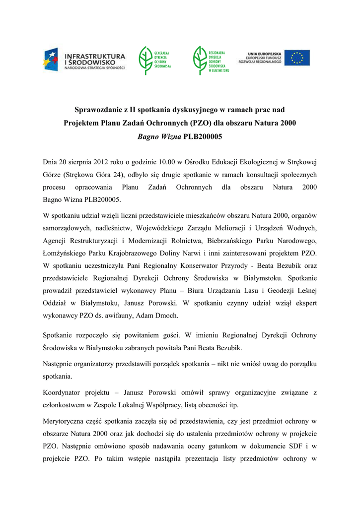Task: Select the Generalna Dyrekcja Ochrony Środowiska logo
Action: [x=154, y=59]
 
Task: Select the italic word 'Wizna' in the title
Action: [x=170, y=135]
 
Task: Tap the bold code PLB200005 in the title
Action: [x=203, y=135]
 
